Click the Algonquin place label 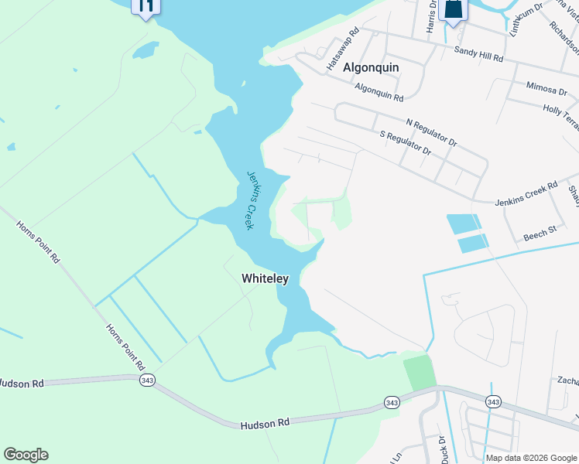tap(371, 67)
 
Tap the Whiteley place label tap(265, 278)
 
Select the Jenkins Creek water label tap(250, 200)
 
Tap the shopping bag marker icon tap(454, 10)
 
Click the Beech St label tap(540, 231)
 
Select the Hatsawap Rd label tap(343, 52)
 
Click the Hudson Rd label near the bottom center tap(264, 424)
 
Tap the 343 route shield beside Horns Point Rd tap(146, 380)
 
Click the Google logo tap(26, 455)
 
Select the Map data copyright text tap(532, 458)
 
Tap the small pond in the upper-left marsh tap(146, 51)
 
